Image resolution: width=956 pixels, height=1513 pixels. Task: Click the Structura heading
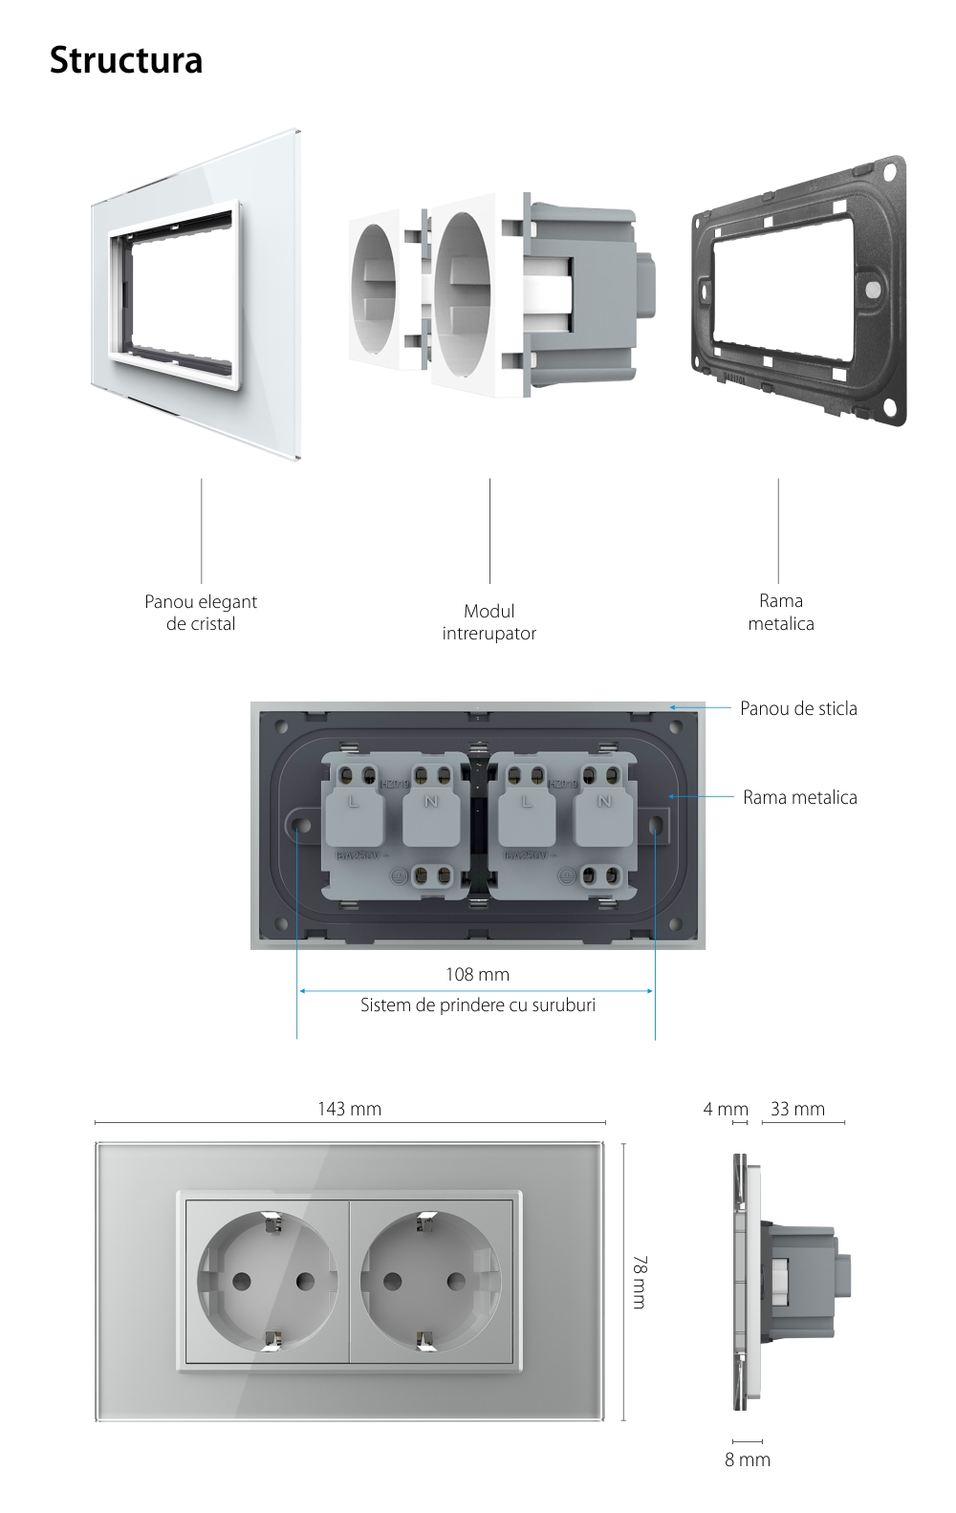pos(126,60)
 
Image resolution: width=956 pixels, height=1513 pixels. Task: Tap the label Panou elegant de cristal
pos(201,613)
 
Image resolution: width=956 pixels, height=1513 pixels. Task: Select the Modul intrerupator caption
pos(489,622)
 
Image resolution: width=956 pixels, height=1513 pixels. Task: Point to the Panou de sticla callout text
pos(798,708)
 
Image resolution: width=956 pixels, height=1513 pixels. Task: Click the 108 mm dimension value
pos(477,974)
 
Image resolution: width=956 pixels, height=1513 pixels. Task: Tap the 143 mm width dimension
pos(349,1109)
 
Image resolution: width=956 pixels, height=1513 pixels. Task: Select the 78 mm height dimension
pos(639,1282)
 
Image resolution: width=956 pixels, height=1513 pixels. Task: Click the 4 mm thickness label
pos(726,1109)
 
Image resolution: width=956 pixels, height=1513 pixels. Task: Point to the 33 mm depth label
pos(797,1109)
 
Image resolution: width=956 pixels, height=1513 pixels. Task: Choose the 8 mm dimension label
pos(747,1459)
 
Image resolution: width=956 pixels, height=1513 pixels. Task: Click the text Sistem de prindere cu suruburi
pos(477,1005)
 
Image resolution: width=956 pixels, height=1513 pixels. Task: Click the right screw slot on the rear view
pos(655,824)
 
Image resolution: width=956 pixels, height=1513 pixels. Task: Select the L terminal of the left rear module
pos(353,801)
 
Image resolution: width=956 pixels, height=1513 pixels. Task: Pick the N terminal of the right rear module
pos(603,801)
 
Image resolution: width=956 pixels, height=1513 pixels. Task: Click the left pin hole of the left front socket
pos(235,1281)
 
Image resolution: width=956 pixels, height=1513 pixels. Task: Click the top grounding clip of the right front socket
pos(427,1220)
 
